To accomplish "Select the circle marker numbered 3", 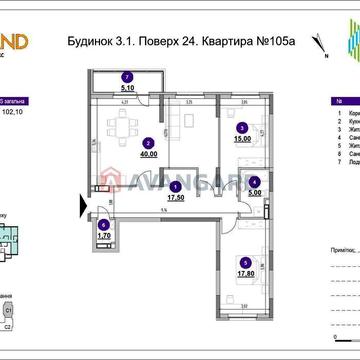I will pos(241,128).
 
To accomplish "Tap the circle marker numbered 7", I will pos(126,75).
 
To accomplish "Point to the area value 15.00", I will pos(241,141).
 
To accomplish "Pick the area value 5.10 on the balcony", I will pos(126,86).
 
